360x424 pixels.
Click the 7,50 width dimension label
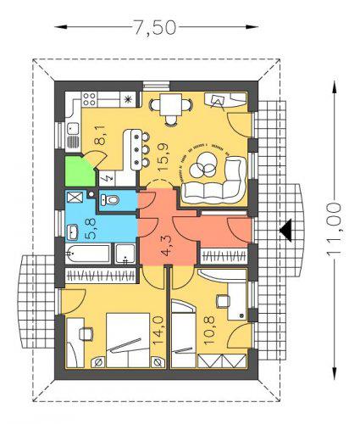pos(155,27)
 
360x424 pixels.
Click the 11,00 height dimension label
pos(334,230)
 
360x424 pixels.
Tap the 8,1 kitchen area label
pos(100,135)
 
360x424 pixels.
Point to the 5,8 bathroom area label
pos(90,229)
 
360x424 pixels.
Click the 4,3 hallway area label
pos(167,246)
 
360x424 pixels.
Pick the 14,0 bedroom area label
pos(158,331)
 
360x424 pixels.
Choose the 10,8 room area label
pos(209,331)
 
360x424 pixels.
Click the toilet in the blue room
pos(110,200)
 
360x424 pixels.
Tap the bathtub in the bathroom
pos(88,254)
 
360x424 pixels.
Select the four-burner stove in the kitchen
pos(89,99)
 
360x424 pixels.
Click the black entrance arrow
pos(285,231)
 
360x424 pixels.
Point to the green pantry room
pos(79,171)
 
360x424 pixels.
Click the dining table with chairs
pos(171,109)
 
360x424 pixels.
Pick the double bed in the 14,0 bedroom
pos(128,340)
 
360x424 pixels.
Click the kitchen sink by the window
pos(73,129)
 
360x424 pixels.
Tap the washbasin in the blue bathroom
pos(72,232)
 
